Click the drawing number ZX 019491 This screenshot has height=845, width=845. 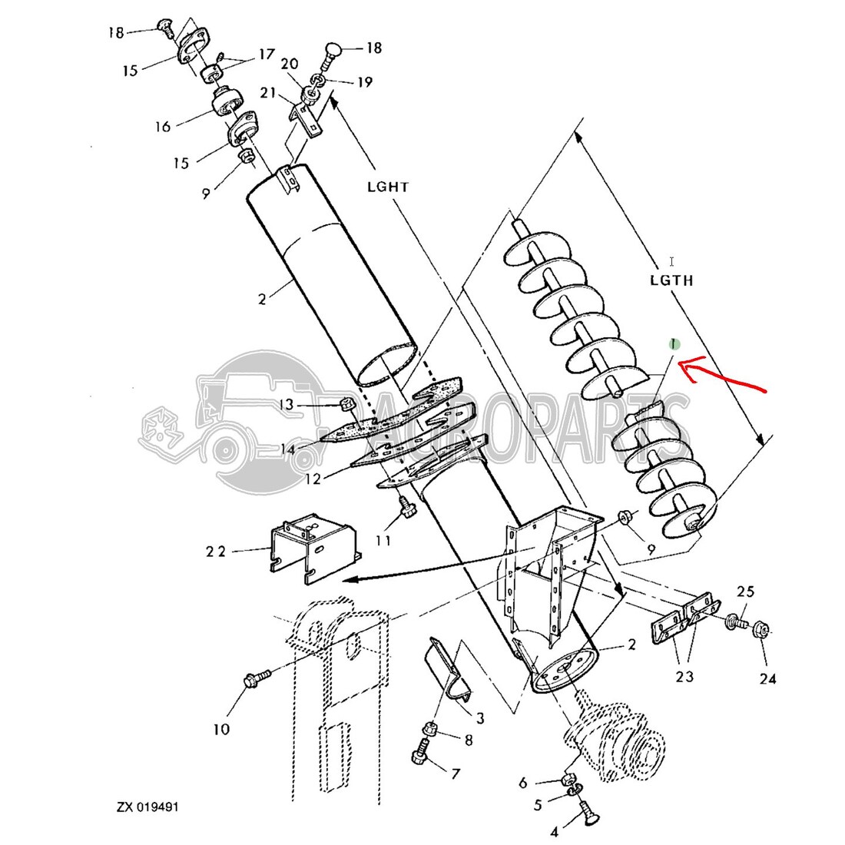click(147, 807)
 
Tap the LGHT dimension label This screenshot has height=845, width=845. click(387, 187)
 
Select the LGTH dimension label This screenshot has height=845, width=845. click(671, 280)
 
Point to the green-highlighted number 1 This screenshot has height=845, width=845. click(674, 344)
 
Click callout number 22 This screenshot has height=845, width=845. click(216, 552)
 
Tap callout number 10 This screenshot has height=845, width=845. click(221, 729)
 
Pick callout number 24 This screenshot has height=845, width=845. click(767, 678)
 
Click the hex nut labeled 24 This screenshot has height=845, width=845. click(760, 629)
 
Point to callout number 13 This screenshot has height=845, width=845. click(287, 404)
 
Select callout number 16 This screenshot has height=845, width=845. click(163, 127)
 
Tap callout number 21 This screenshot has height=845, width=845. click(268, 93)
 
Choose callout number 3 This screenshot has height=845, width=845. click(479, 718)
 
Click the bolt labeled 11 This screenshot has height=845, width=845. click(403, 507)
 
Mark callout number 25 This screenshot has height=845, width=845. click(745, 591)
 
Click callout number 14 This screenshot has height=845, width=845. click(287, 449)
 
